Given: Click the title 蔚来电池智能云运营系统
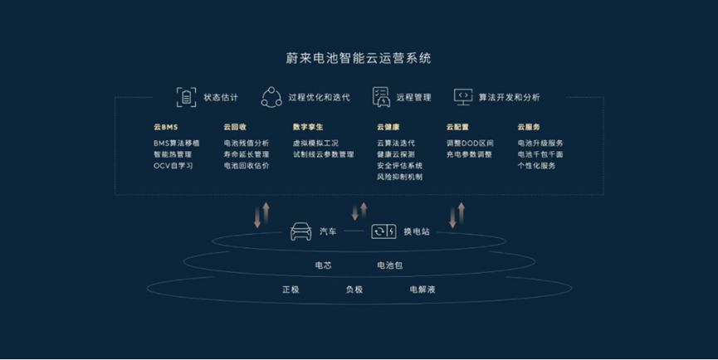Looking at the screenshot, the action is click(x=359, y=58).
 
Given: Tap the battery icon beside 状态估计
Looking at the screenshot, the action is click(x=187, y=97).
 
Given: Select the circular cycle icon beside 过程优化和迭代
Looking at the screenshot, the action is click(x=271, y=97).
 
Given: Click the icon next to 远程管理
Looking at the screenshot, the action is click(x=381, y=97).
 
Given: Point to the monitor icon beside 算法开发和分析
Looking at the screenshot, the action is click(x=463, y=96).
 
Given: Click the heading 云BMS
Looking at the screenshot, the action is click(x=166, y=127).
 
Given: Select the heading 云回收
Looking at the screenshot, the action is click(x=235, y=127).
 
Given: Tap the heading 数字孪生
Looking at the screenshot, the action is click(x=308, y=127).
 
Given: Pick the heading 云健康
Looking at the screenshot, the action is click(x=388, y=127).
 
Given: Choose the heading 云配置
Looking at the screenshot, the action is click(x=457, y=127).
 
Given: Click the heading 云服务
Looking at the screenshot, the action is click(x=529, y=127).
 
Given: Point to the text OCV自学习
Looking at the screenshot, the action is click(x=173, y=166).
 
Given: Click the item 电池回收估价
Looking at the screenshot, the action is click(x=247, y=166).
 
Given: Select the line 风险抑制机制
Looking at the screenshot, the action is click(x=400, y=177).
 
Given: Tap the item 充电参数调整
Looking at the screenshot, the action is click(x=469, y=154).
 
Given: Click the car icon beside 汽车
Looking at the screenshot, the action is click(x=300, y=231).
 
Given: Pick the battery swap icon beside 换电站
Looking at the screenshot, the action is click(x=383, y=231).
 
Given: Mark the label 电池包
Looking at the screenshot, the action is click(x=389, y=265).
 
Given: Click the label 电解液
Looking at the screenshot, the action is click(x=422, y=289).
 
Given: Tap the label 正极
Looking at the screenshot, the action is click(x=291, y=289).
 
